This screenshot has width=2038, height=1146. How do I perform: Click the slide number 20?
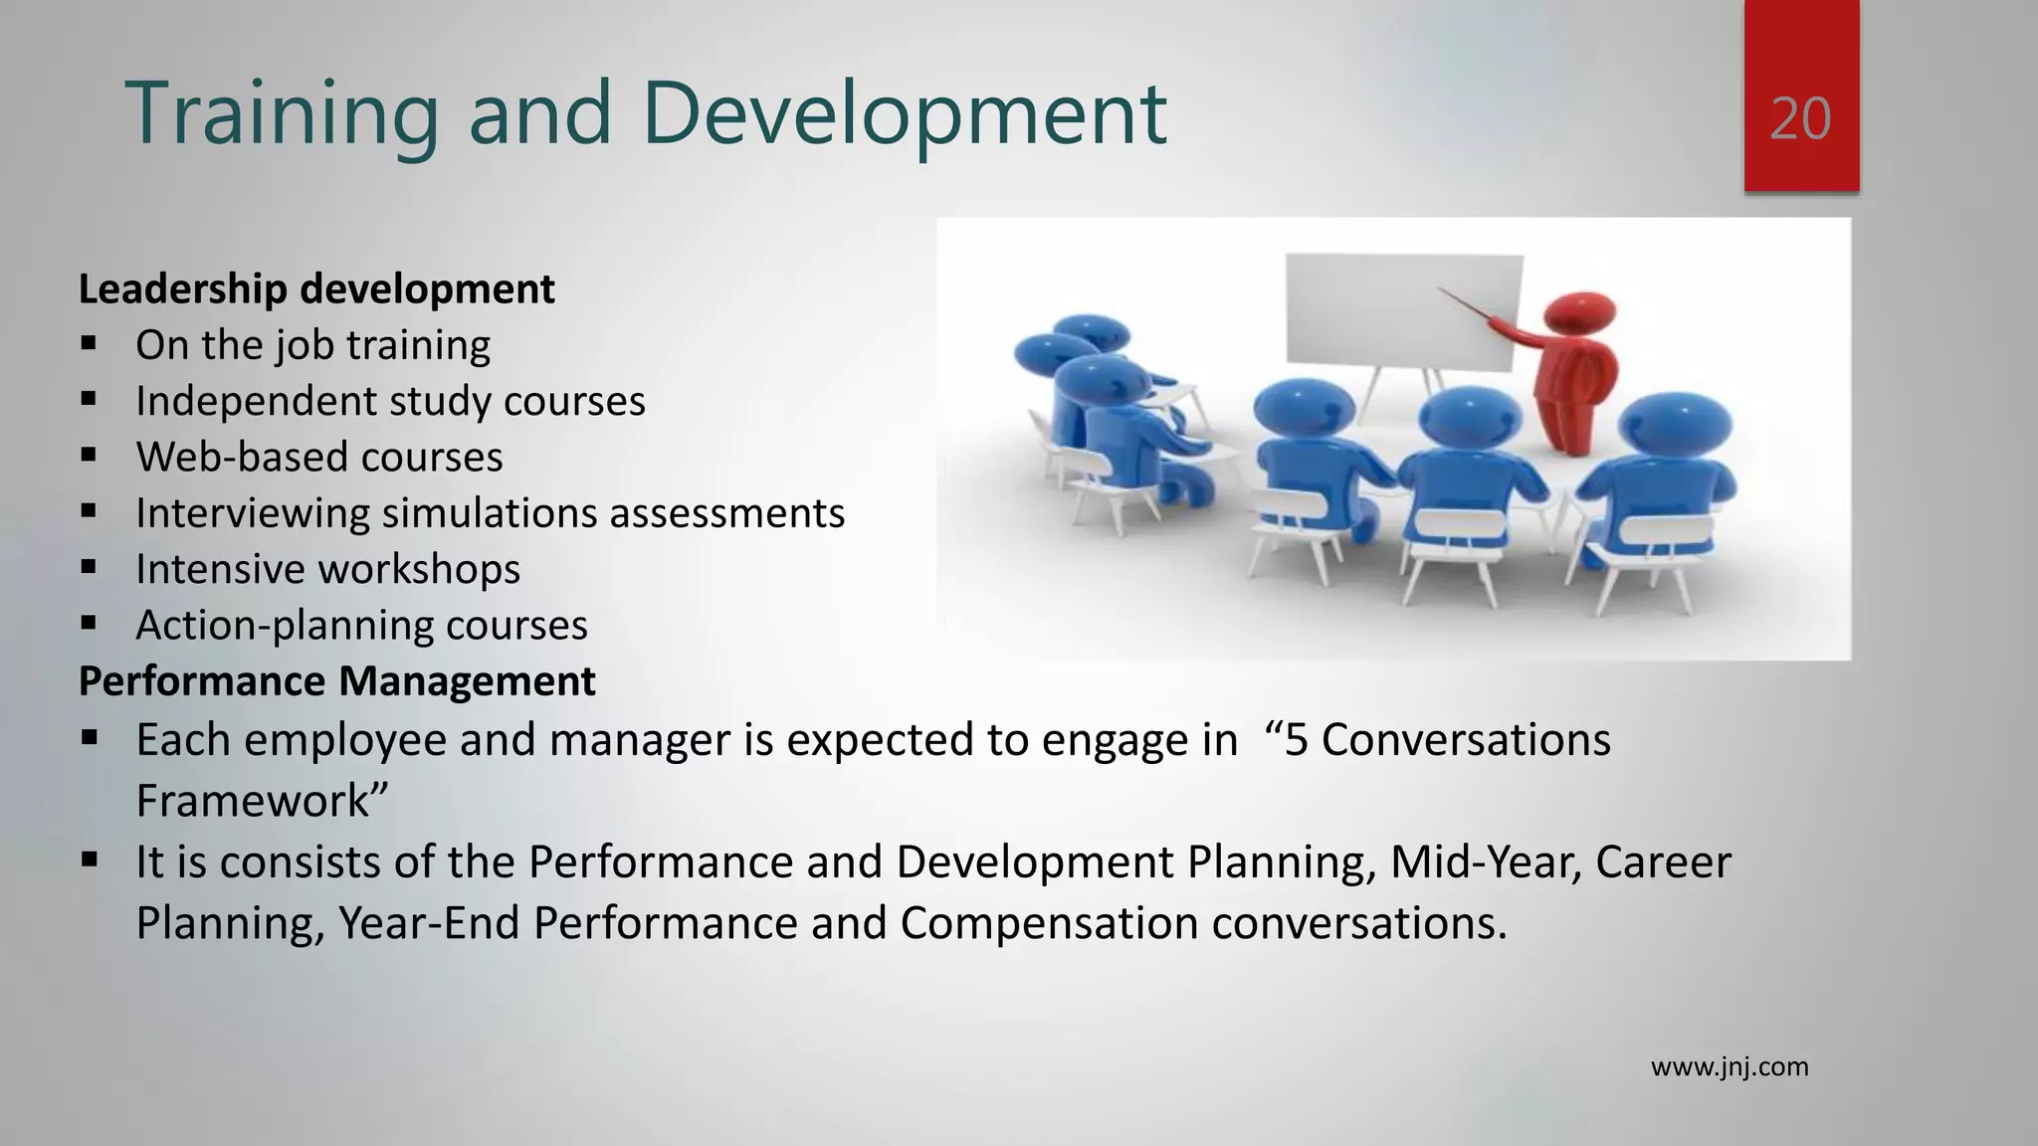(1800, 119)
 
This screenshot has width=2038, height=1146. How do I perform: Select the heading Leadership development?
(316, 289)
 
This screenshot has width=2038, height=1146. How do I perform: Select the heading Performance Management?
(336, 681)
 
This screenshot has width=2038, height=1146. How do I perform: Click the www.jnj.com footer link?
(1730, 1067)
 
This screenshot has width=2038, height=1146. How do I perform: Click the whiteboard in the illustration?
(1403, 308)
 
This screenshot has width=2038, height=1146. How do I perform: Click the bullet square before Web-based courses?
(90, 456)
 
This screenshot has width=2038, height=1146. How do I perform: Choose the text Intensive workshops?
(327, 569)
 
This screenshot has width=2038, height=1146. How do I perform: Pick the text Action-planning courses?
(361, 626)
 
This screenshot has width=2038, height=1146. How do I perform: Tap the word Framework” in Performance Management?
(261, 802)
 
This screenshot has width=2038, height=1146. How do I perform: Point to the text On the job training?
(312, 345)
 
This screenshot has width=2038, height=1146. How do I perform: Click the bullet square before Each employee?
(90, 739)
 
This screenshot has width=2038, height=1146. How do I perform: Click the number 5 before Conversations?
(1296, 740)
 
